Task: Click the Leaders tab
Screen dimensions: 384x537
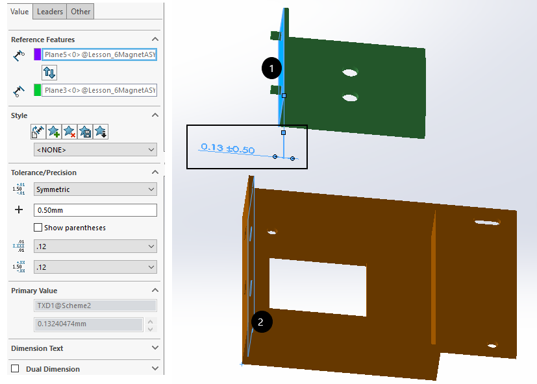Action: (50, 11)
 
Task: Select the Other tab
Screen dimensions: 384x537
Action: (81, 11)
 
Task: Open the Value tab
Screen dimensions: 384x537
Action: (19, 11)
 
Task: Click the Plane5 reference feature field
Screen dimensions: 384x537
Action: (99, 54)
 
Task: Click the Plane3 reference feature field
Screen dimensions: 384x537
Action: (99, 90)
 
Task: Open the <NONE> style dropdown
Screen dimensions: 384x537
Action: (95, 150)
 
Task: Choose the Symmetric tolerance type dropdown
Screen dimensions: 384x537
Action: (95, 189)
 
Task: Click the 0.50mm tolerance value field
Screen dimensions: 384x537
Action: (95, 210)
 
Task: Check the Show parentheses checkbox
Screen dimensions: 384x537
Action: (38, 228)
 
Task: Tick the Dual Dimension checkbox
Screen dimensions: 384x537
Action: (15, 368)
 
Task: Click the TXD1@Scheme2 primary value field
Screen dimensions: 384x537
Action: (95, 306)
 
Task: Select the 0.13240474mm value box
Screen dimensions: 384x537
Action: (88, 324)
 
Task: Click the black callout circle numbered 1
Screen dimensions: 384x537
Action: (271, 67)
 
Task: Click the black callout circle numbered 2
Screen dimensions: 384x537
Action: (261, 321)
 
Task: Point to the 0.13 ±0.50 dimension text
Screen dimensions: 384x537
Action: (227, 149)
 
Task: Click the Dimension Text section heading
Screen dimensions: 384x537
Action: (38, 348)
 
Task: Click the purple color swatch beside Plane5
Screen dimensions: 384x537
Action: (38, 54)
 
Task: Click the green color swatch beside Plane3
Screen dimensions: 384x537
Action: (38, 90)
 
